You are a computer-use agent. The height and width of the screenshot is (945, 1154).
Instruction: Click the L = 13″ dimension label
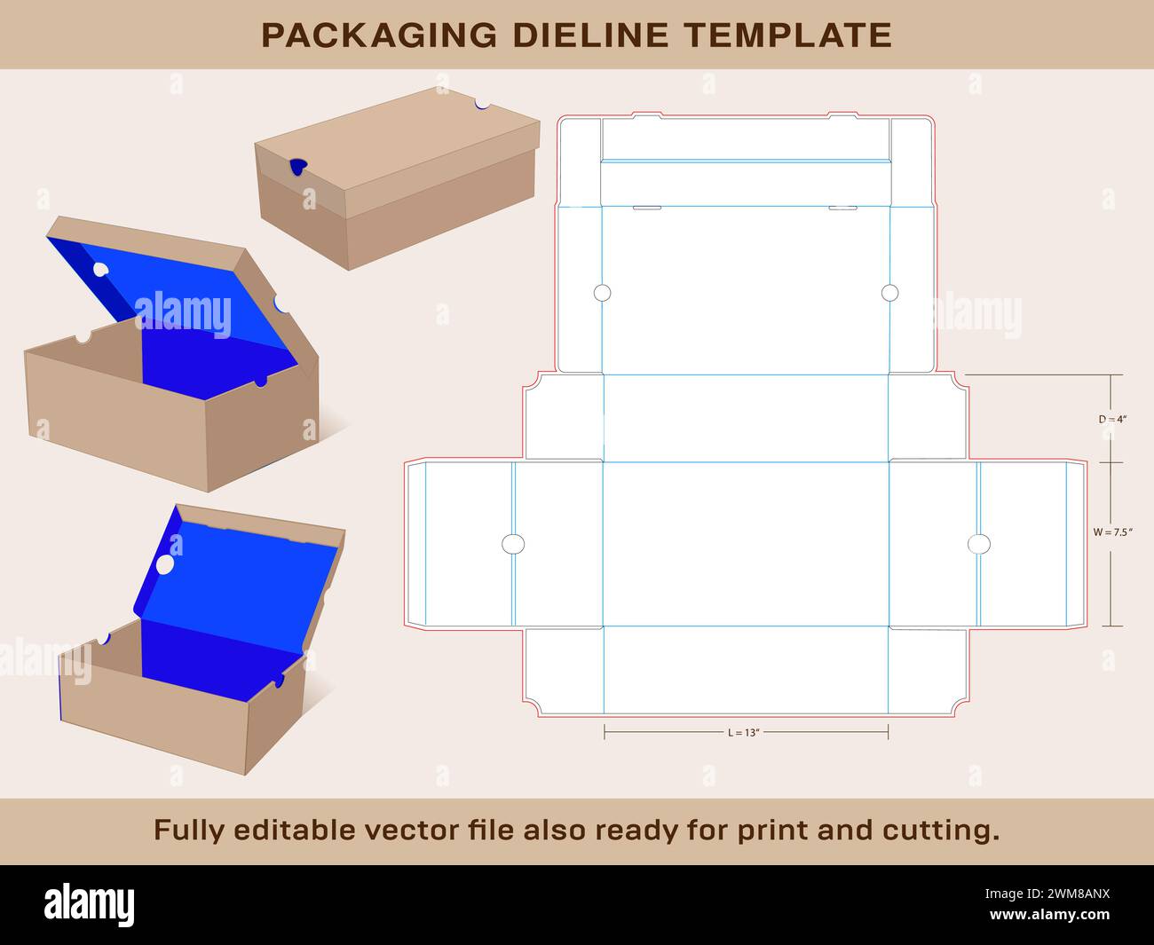pos(744,732)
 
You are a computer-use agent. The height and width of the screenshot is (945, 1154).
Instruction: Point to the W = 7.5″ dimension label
pos(1112,532)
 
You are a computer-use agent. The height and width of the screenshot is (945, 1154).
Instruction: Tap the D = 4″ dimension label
pos(1112,419)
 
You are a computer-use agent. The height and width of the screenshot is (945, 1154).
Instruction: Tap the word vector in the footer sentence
pos(413,831)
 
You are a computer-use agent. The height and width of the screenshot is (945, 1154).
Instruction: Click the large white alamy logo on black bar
pos(89,904)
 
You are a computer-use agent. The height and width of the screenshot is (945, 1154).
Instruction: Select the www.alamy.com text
pos(1049,914)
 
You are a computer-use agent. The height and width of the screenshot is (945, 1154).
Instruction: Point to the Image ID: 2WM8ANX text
pos(1047,894)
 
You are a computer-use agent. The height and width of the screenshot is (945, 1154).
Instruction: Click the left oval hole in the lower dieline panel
pos(513,544)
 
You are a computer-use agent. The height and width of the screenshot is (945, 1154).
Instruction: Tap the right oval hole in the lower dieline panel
pos(979,544)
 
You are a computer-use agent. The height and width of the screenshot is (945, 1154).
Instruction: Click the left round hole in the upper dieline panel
pos(603,293)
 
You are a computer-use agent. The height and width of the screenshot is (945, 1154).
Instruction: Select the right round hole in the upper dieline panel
pos(889,293)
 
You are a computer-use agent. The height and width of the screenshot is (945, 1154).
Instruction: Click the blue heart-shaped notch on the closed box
pos(298,167)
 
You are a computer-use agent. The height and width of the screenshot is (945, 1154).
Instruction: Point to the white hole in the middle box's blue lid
pos(100,269)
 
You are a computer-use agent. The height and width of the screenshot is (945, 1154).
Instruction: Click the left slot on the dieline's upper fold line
pos(647,208)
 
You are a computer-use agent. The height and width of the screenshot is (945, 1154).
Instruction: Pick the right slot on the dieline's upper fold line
pos(842,208)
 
